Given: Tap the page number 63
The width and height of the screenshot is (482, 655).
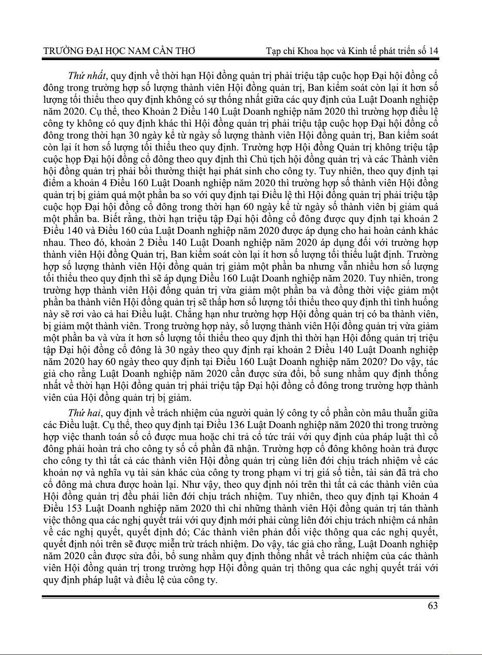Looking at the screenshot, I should pyautogui.click(x=433, y=606).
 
